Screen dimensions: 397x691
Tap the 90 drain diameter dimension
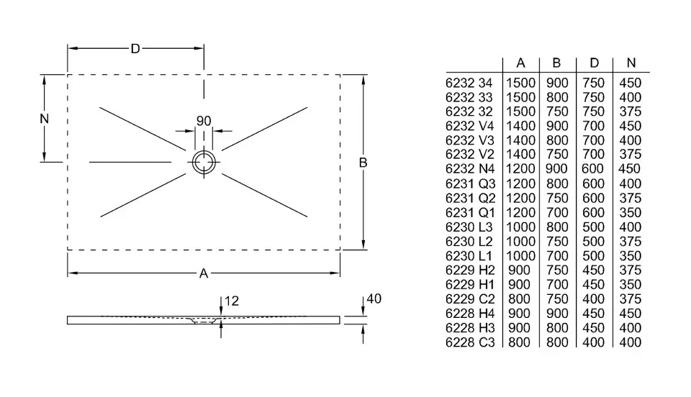point(204,121)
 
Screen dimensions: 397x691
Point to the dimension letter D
point(135,49)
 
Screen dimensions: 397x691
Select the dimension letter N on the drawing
point(45,119)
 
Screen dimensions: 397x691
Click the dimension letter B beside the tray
point(363,163)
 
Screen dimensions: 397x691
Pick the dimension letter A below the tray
point(204,273)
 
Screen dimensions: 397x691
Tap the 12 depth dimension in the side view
point(231,301)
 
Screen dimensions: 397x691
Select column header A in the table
point(520,63)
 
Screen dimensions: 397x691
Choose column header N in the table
point(631,63)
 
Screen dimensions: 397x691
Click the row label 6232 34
point(469,83)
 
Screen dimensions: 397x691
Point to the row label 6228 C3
point(469,342)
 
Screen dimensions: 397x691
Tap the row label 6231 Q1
point(469,213)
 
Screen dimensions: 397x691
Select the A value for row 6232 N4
point(520,169)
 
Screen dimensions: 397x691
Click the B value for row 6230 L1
point(556,256)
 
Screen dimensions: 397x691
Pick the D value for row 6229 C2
point(593,299)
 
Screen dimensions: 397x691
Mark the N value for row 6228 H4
point(631,314)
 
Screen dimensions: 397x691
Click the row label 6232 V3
point(469,140)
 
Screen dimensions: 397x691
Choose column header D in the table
point(593,63)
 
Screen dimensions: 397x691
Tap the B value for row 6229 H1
point(556,285)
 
